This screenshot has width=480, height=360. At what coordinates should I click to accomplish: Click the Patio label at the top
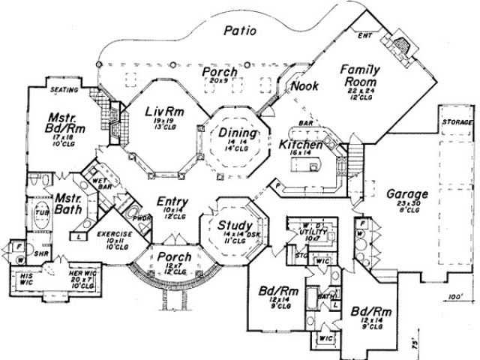point(239,31)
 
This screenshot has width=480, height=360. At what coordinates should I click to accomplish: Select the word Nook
point(303,86)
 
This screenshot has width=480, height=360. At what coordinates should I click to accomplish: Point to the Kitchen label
point(301,145)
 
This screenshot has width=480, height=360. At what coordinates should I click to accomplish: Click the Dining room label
point(234,134)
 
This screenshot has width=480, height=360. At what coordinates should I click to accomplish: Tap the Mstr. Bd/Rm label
point(65,123)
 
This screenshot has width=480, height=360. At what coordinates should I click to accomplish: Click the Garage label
point(407,193)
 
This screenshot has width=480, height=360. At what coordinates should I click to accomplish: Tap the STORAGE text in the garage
point(457,121)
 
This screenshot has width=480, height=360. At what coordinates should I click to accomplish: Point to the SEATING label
point(65,89)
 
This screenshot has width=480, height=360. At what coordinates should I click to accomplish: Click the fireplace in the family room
point(402,46)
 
